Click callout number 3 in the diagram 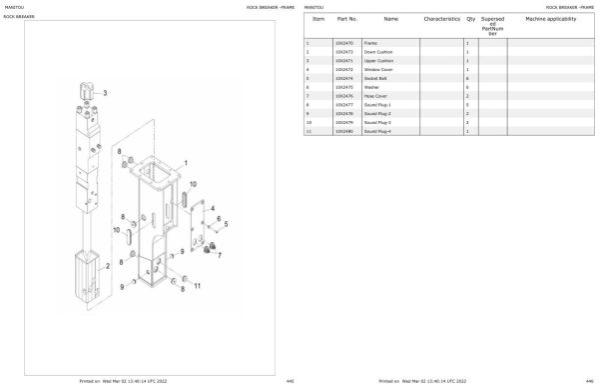107,92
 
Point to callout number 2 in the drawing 106,267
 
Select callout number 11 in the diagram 197,286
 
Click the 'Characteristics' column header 441,19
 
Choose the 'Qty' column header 469,19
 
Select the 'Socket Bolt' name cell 375,78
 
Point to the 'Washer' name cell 371,87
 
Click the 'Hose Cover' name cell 375,96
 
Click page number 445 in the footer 289,381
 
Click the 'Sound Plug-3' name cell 377,122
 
